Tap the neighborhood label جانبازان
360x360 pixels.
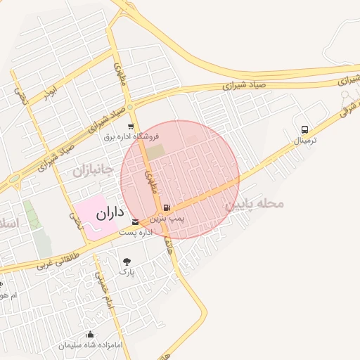(93, 171)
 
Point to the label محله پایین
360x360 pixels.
(254, 204)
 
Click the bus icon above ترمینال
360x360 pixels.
(304, 129)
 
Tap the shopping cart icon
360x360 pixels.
(131, 127)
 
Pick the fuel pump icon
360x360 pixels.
(167, 207)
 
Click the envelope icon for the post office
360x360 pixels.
(135, 222)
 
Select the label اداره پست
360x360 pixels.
(135, 232)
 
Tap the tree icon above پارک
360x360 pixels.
(127, 260)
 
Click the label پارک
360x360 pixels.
(127, 271)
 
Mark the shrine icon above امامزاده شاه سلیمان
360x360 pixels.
(90, 335)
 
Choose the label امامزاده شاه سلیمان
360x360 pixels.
(91, 345)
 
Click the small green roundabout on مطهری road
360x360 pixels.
(131, 108)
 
